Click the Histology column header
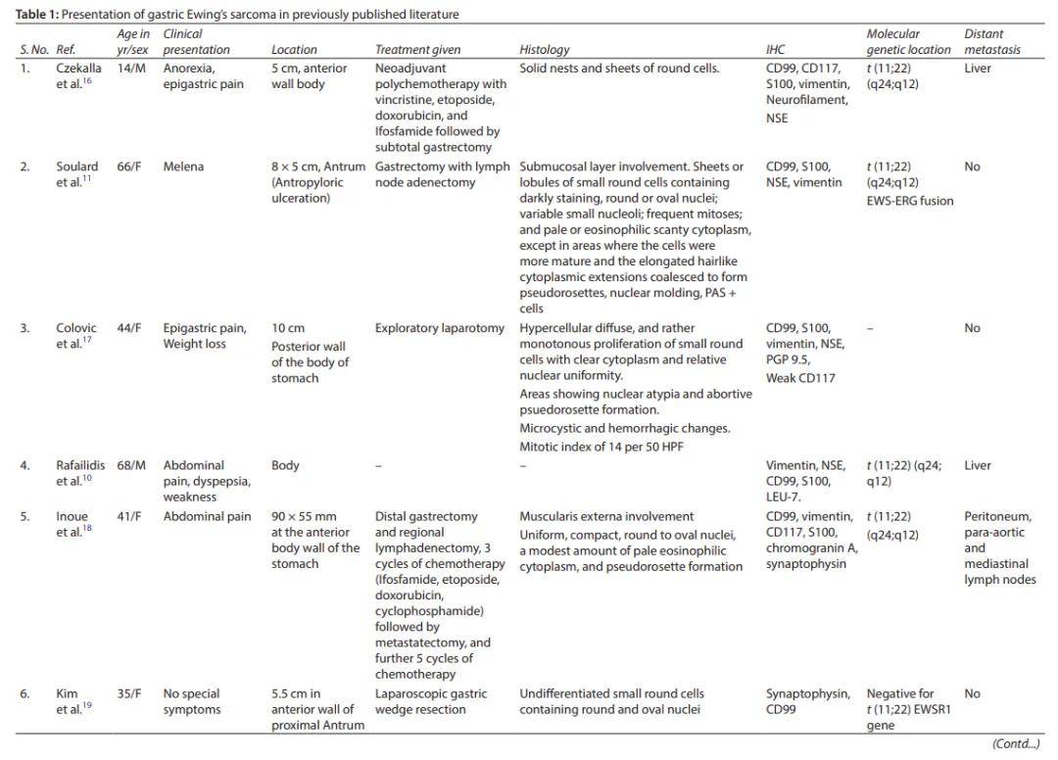[544, 49]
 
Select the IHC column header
[775, 49]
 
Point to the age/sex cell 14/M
[132, 69]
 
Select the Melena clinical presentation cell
[183, 166]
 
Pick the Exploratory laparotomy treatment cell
[440, 328]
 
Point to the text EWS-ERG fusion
[910, 201]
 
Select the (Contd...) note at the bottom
[1016, 744]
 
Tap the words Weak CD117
[800, 378]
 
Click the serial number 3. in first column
[25, 328]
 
